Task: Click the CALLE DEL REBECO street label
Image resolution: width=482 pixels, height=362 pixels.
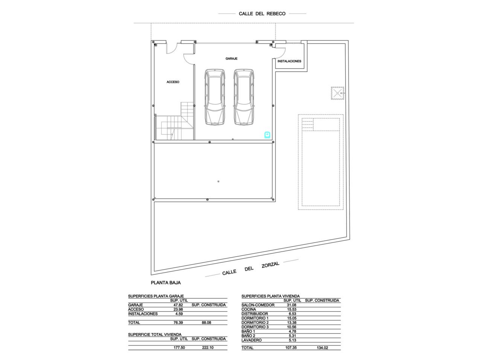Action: click(262, 14)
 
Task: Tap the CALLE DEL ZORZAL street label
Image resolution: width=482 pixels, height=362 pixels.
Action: click(250, 268)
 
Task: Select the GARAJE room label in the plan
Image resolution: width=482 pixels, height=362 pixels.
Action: click(231, 58)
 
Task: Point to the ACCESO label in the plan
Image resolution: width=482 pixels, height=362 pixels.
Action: click(173, 82)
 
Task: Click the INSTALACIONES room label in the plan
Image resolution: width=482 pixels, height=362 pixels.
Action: click(289, 61)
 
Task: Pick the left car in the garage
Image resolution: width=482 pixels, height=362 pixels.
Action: click(215, 97)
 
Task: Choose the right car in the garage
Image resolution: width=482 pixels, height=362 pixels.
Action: click(244, 97)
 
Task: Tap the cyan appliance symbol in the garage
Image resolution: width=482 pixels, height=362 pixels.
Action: click(267, 135)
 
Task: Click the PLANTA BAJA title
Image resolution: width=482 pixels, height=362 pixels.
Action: click(166, 283)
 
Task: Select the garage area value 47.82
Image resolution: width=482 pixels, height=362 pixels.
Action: click(178, 305)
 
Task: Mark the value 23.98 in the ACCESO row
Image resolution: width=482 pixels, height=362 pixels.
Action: click(178, 309)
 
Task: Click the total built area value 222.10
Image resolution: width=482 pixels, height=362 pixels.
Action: click(207, 348)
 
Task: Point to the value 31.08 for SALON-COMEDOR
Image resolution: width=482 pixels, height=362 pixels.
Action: click(291, 305)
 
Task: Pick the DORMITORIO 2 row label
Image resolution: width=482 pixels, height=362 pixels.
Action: click(255, 322)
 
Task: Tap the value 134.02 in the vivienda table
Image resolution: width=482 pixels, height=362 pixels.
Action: click(322, 348)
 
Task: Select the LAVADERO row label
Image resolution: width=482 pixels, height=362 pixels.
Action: click(252, 340)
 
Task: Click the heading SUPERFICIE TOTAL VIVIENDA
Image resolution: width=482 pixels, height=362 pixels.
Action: click(155, 334)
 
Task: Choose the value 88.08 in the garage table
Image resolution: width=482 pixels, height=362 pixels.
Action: click(206, 322)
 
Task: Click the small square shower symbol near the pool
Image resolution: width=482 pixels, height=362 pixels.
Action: click(337, 93)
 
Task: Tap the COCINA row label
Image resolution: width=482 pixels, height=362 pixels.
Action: click(249, 309)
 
